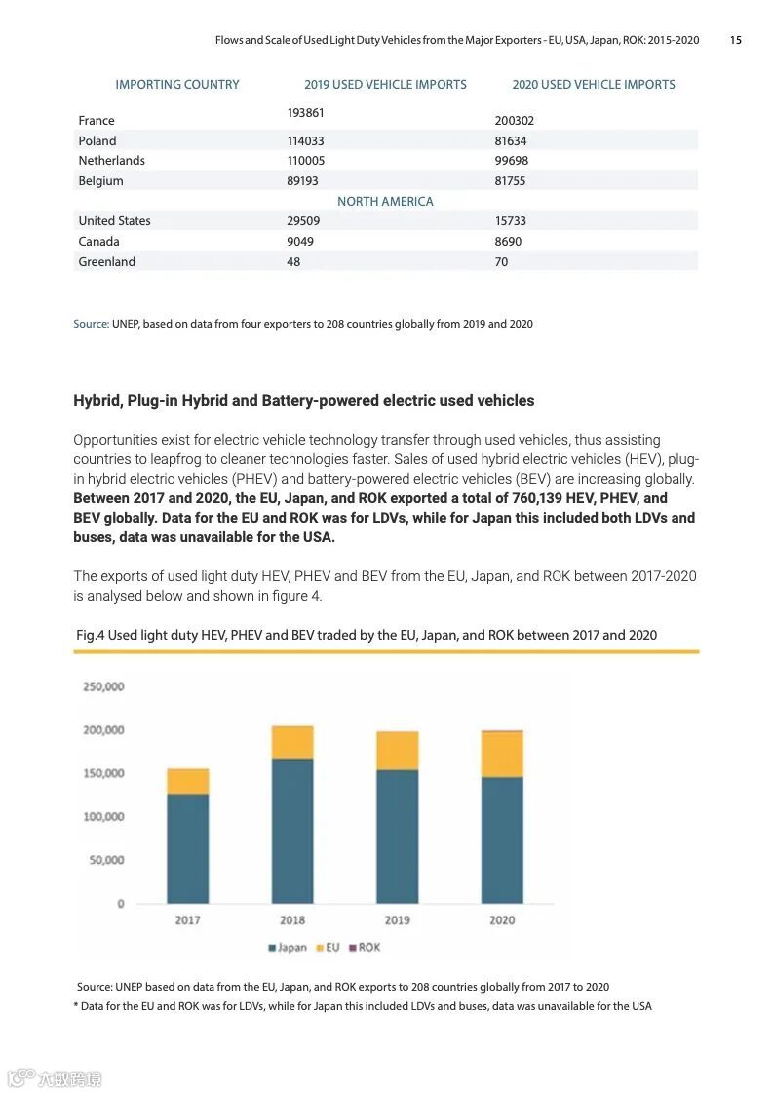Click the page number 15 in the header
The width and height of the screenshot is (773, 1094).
tap(735, 40)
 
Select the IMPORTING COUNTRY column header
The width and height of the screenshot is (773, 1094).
tap(176, 85)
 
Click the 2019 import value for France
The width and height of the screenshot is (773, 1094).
tap(305, 113)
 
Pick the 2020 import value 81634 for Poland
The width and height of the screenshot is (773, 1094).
tap(511, 140)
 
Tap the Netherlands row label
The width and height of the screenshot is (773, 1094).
tap(111, 161)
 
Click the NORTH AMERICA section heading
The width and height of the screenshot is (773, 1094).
tap(385, 201)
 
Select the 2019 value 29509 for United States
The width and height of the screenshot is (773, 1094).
tap(303, 221)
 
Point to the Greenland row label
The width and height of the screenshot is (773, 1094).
tap(106, 262)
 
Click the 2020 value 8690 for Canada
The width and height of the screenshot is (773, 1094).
tap(508, 242)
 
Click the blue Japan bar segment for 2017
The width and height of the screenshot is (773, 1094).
tap(187, 848)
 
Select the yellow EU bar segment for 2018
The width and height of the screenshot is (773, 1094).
tap(292, 742)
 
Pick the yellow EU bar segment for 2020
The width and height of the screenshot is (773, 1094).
tap(502, 754)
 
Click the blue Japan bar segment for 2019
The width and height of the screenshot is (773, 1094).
tap(397, 836)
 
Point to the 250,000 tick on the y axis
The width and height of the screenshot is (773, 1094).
tap(102, 686)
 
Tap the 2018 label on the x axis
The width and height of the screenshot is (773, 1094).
tap(292, 919)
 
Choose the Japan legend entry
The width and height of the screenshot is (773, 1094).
tap(288, 947)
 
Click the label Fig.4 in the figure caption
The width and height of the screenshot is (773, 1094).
tap(90, 635)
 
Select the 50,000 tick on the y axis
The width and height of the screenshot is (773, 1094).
tap(106, 860)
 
